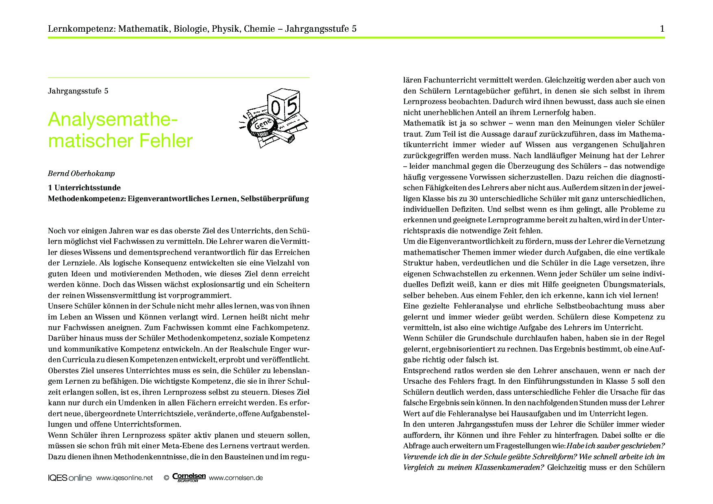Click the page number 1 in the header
[x=662, y=29]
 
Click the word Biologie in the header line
[x=190, y=29]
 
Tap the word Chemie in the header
[x=259, y=29]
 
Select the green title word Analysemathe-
[x=113, y=119]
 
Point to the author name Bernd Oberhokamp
[x=81, y=174]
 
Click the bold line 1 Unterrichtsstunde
[x=84, y=188]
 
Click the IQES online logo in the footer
[x=70, y=478]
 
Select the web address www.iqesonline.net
[x=124, y=478]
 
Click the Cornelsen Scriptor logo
[x=189, y=478]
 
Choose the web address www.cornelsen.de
[x=236, y=478]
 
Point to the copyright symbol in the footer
[x=166, y=478]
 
